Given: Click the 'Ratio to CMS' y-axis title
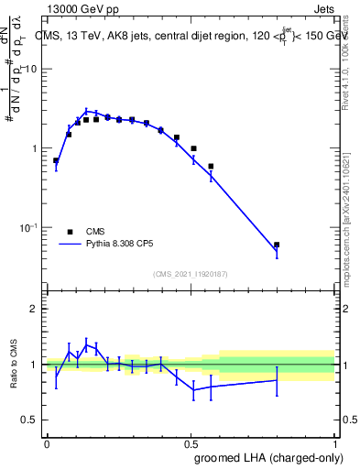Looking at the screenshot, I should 14,365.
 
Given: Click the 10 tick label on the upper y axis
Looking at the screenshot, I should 31,70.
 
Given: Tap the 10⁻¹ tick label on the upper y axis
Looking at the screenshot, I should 29,226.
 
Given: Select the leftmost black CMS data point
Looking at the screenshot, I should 56,160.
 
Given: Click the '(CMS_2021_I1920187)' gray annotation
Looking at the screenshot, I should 191,273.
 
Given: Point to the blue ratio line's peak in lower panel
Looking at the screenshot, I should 86,345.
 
